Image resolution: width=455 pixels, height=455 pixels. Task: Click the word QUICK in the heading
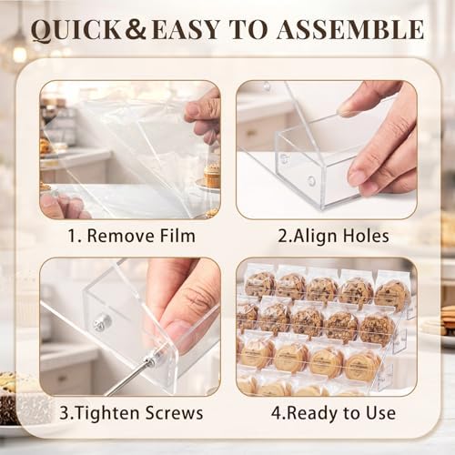(x=76, y=30)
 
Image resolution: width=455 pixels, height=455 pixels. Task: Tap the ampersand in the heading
(x=136, y=29)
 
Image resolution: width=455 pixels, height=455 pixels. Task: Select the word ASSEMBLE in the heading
(x=350, y=29)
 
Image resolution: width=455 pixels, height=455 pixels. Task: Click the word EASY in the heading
(x=186, y=30)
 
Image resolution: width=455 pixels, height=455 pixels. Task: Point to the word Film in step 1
(x=177, y=236)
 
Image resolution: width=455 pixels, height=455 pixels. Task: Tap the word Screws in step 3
(x=174, y=413)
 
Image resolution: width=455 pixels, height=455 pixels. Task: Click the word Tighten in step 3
(x=106, y=413)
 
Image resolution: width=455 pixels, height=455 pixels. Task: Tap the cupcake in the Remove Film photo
(x=212, y=176)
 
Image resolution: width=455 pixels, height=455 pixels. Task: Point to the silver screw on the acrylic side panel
(x=102, y=322)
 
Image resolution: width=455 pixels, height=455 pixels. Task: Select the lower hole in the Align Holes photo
(x=311, y=180)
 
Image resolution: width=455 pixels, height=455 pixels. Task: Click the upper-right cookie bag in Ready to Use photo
(x=391, y=290)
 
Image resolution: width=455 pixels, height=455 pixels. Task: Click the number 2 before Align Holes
(x=282, y=236)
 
